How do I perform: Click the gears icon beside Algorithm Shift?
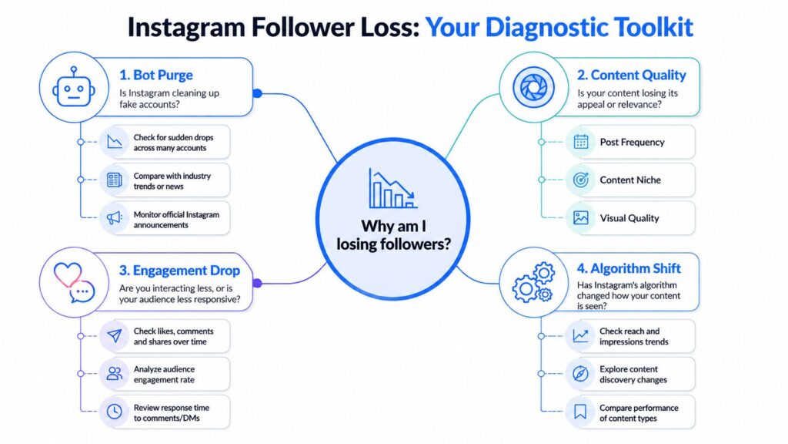pyautogui.click(x=533, y=281)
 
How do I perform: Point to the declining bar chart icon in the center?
pyautogui.click(x=392, y=188)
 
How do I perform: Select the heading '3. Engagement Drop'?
pyautogui.click(x=179, y=271)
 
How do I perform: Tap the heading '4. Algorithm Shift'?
pyautogui.click(x=628, y=268)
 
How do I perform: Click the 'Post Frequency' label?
pyautogui.click(x=632, y=142)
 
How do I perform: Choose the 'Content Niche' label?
pyautogui.click(x=630, y=180)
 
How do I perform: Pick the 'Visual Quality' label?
pyautogui.click(x=629, y=218)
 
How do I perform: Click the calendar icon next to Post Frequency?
pyautogui.click(x=581, y=142)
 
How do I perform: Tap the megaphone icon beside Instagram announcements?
pyautogui.click(x=115, y=218)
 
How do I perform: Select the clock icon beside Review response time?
pyautogui.click(x=115, y=412)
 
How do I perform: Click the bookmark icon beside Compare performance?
pyautogui.click(x=581, y=412)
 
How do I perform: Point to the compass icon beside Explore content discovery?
pyautogui.click(x=581, y=374)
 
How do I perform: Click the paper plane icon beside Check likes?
pyautogui.click(x=115, y=335)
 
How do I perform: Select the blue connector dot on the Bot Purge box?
pyautogui.click(x=258, y=93)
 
